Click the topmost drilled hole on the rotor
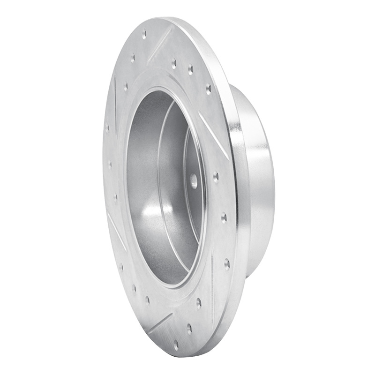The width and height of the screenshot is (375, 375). pyautogui.click(x=144, y=34)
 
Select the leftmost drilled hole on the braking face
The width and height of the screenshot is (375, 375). pyautogui.click(x=107, y=127)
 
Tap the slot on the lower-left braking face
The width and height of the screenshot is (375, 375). pyautogui.click(x=115, y=230)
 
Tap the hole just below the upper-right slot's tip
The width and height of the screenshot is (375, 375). pyautogui.click(x=216, y=177)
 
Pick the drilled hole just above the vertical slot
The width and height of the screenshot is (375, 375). pyautogui.click(x=227, y=263)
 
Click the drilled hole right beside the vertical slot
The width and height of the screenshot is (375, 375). pyautogui.click(x=198, y=302)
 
